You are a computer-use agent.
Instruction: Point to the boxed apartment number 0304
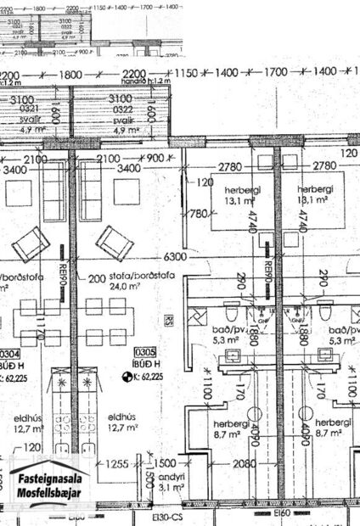[9, 353]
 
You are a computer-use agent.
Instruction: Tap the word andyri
[170, 476]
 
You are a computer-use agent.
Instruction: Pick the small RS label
[168, 322]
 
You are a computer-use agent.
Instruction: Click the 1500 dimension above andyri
[166, 462]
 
